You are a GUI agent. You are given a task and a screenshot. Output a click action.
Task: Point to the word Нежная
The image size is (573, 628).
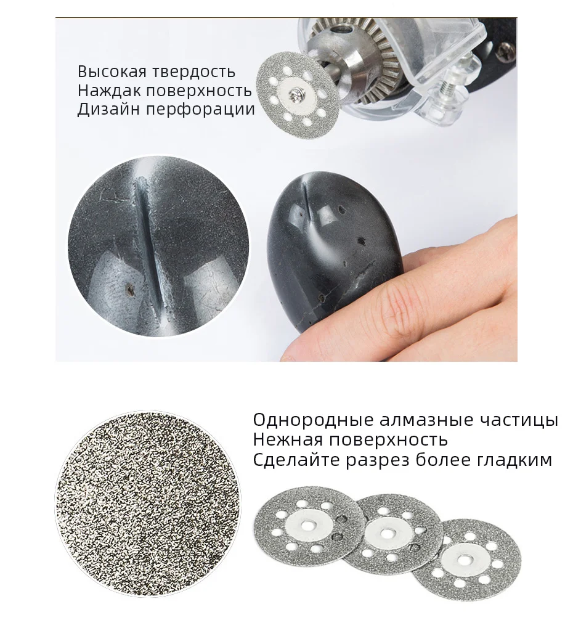tap(286, 440)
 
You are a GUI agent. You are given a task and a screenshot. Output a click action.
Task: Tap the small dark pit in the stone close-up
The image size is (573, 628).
tap(129, 287)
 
